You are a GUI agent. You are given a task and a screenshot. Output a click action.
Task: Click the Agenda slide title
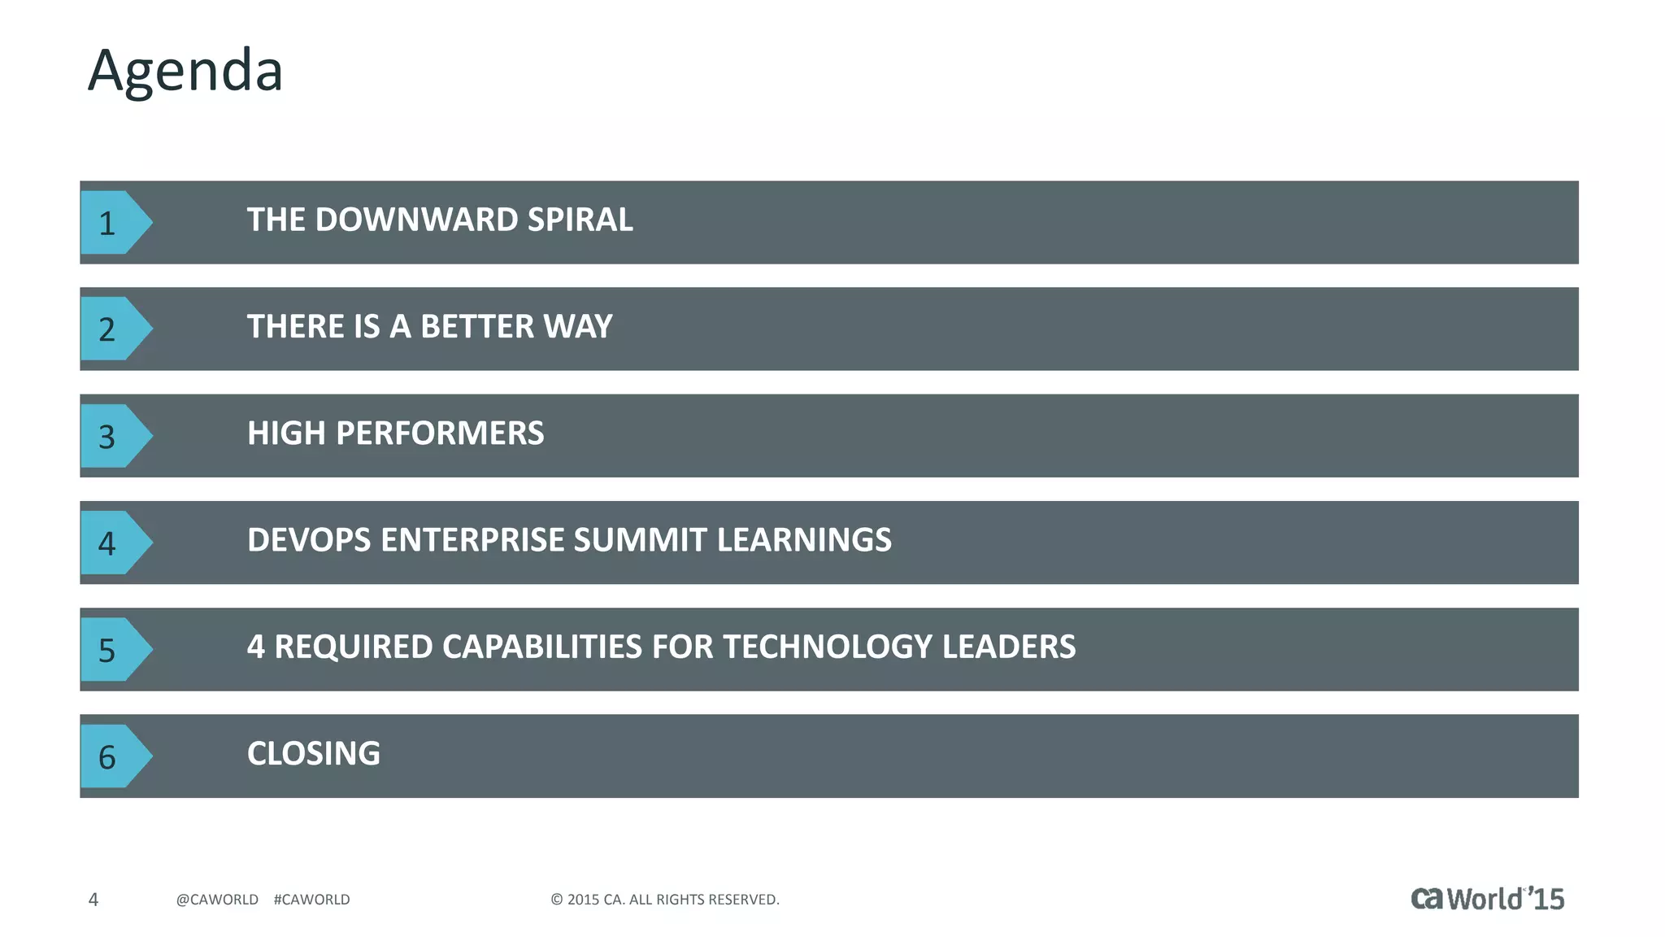pos(185,72)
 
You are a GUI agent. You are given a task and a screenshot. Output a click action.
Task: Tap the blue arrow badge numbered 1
pos(112,222)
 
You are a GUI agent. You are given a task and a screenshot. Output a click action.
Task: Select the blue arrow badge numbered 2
pos(112,329)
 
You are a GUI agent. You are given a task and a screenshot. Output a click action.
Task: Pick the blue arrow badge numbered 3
pos(112,436)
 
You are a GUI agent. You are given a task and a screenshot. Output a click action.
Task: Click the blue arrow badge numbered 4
pos(112,543)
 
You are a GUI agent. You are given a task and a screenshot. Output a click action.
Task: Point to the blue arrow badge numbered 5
pos(112,649)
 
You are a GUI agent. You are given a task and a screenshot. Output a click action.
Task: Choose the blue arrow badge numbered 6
pos(112,756)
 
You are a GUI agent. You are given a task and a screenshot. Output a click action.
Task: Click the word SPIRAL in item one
pos(580,220)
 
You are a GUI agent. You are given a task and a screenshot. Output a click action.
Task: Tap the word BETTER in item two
pos(477,327)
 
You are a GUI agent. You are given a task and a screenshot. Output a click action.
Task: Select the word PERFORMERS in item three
pos(440,434)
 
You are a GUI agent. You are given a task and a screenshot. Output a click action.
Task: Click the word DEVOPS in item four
pos(309,540)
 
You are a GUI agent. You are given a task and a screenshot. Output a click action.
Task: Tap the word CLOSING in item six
pos(314,753)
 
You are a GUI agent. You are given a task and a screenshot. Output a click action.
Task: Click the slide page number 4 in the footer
pos(93,900)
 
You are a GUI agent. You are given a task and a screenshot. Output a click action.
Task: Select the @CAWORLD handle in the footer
pos(217,900)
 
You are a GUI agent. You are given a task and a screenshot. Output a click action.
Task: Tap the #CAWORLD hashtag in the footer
pos(312,900)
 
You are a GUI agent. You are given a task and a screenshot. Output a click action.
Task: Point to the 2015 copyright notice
pos(665,900)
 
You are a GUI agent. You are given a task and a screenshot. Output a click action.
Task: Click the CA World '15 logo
pos(1487,898)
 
